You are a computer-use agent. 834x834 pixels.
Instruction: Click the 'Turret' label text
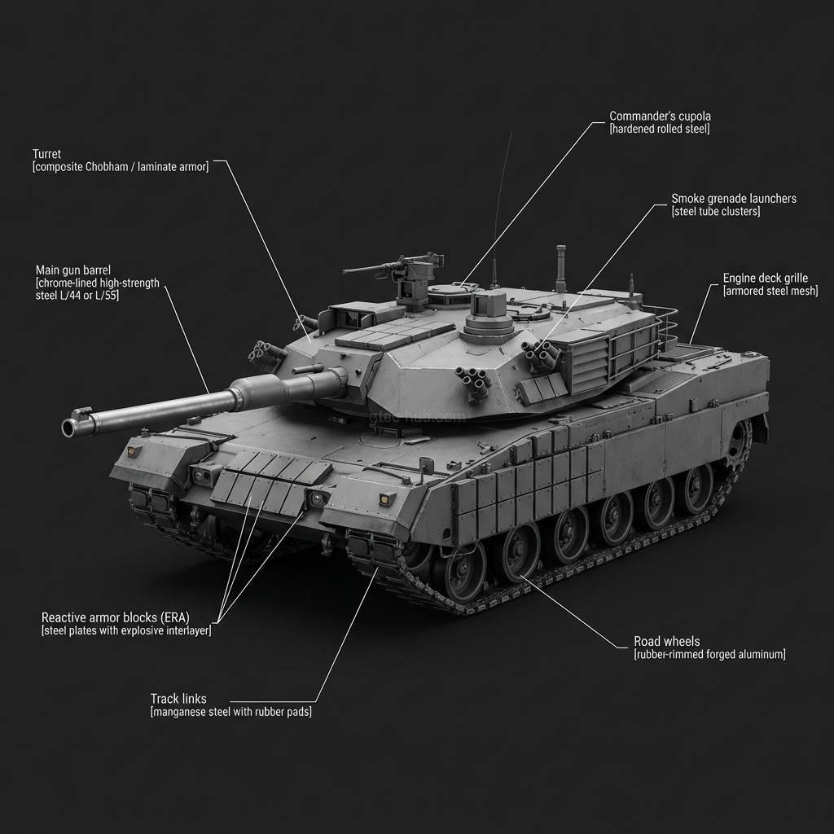[x=46, y=154]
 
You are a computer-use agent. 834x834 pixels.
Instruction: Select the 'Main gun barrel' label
[x=72, y=270]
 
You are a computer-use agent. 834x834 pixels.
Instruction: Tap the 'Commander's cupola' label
[x=660, y=116]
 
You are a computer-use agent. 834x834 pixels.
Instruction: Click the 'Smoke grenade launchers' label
[x=734, y=199]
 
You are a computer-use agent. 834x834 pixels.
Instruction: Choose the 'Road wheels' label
[x=666, y=642]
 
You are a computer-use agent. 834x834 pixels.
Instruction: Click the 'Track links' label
[x=178, y=699]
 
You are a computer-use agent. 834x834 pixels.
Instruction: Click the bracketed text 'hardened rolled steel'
[x=660, y=129]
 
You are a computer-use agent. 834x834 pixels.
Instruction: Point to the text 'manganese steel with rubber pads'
[x=230, y=712]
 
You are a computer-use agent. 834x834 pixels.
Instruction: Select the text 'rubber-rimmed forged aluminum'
[x=709, y=655]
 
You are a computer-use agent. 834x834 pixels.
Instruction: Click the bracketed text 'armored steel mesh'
[x=770, y=292]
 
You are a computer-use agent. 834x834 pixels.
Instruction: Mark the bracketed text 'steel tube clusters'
[x=716, y=212]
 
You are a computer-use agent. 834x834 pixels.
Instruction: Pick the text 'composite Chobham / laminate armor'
[x=121, y=167]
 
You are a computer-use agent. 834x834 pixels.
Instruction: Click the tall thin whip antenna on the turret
[x=500, y=204]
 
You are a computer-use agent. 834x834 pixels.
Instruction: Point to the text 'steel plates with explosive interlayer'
[x=126, y=631]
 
